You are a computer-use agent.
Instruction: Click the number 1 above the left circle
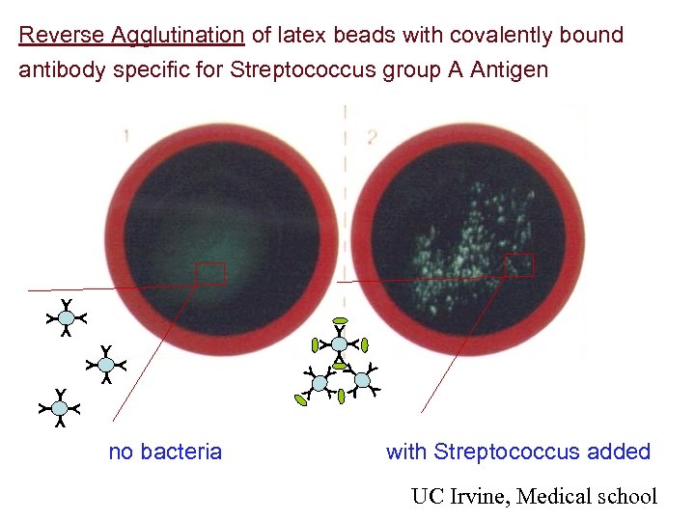[x=126, y=136]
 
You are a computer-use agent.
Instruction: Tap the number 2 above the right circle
[x=371, y=136]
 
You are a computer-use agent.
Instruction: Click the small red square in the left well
[x=210, y=273]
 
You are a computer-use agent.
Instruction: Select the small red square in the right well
[x=519, y=264]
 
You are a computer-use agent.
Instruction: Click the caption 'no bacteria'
[x=165, y=452]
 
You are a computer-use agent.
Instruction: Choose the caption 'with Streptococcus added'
[x=518, y=452]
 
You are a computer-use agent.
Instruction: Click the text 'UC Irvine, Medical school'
[x=534, y=497]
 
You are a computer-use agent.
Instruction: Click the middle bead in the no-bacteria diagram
[x=106, y=364]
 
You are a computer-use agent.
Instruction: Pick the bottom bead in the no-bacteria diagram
[x=60, y=408]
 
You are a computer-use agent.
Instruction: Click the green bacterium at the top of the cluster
[x=340, y=319]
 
